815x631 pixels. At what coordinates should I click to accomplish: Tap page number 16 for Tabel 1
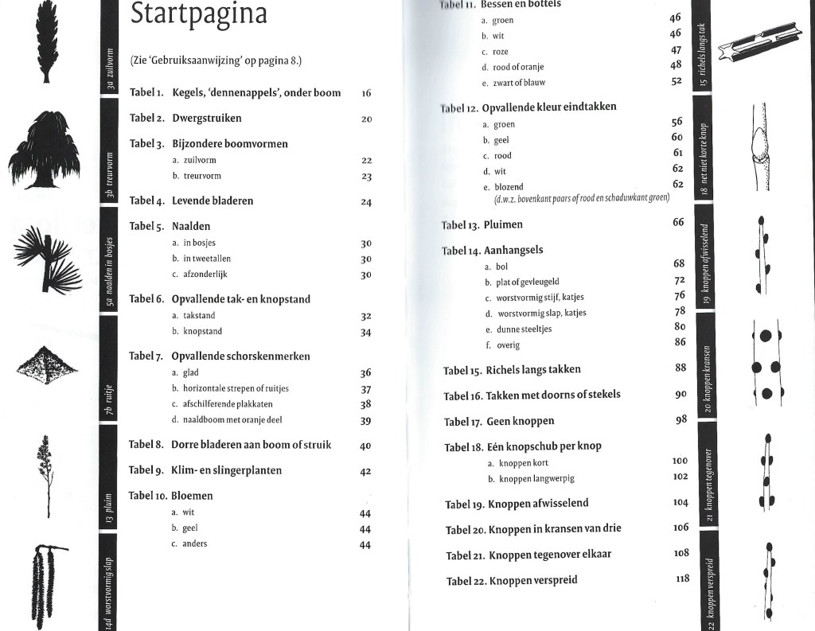[x=366, y=93]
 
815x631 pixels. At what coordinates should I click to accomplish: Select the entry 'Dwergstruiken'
[x=207, y=119]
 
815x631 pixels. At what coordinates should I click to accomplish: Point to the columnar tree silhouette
[x=45, y=41]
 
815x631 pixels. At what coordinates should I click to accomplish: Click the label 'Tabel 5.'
[x=147, y=226]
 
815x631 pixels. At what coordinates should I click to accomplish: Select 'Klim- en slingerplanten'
[x=227, y=470]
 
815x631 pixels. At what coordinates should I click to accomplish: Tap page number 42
[x=366, y=471]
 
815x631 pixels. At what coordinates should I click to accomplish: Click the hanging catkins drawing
[x=48, y=585]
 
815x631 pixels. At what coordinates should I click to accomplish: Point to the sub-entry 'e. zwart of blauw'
[x=513, y=83]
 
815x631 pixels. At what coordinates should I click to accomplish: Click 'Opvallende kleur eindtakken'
[x=549, y=107]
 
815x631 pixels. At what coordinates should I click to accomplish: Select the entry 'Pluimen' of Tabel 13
[x=503, y=224]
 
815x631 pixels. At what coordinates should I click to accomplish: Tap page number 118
[x=682, y=578]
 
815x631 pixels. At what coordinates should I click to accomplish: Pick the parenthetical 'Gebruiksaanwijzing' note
[x=216, y=61]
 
